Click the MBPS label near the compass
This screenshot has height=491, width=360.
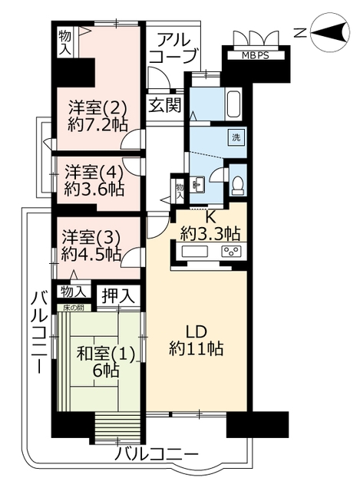(256, 55)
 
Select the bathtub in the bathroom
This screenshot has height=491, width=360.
(233, 104)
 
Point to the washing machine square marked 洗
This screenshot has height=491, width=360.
(236, 137)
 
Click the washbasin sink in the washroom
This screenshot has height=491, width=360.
(197, 184)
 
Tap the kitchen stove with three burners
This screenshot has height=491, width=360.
(232, 252)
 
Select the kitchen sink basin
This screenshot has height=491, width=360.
(194, 252)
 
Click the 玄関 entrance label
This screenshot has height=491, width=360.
(165, 104)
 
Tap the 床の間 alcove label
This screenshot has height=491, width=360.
(74, 308)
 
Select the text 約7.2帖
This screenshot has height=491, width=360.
(97, 124)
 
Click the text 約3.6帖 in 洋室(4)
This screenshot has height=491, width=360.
(94, 189)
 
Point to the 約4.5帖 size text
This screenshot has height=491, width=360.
(91, 254)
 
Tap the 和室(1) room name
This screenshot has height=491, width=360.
(106, 354)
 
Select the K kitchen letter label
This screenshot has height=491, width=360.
(210, 216)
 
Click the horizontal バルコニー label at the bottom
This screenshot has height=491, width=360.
(157, 454)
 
